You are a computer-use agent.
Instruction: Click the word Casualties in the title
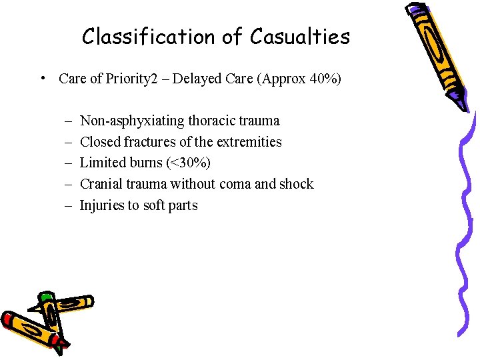[300, 37]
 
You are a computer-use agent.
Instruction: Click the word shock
[297, 184]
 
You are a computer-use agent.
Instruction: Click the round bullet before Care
[42, 79]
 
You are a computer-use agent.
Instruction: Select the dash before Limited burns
[69, 163]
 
